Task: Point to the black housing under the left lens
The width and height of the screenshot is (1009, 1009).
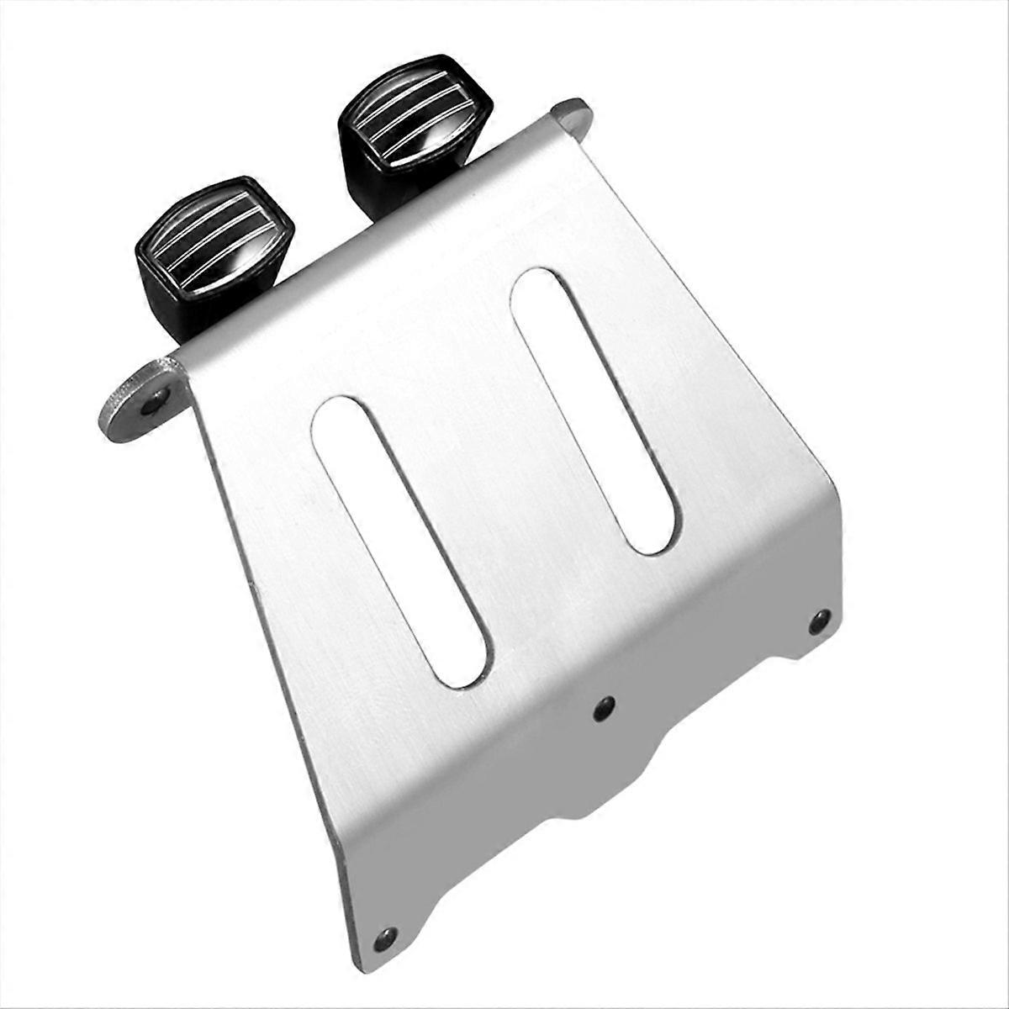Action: pyautogui.click(x=181, y=298)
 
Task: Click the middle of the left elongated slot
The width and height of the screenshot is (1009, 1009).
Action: pyautogui.click(x=400, y=538)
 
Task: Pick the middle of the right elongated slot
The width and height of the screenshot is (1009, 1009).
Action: pyautogui.click(x=594, y=412)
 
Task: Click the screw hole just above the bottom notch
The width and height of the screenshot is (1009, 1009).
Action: pyautogui.click(x=603, y=710)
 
